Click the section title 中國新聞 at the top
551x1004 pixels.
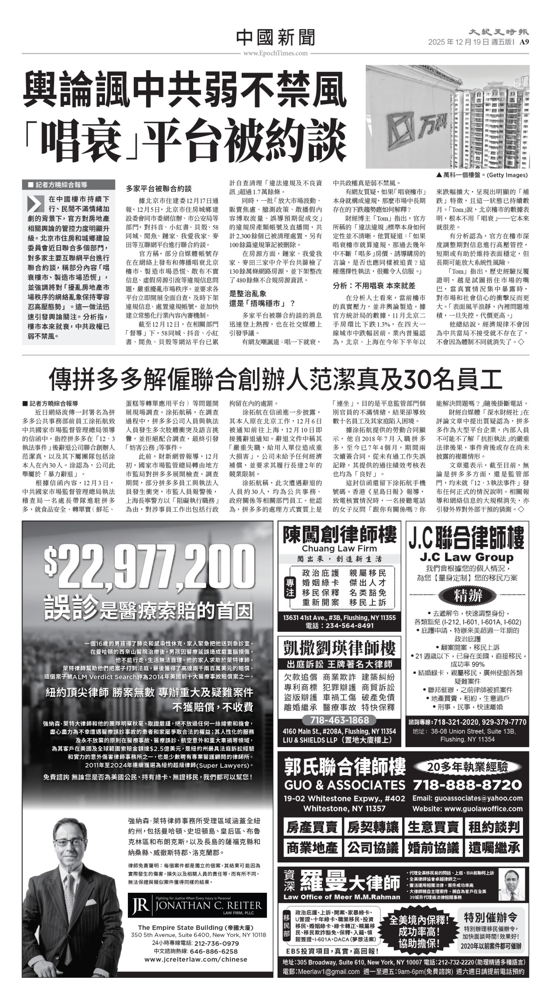(275, 37)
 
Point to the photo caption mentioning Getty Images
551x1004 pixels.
(482, 176)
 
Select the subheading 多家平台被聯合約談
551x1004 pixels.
(159, 189)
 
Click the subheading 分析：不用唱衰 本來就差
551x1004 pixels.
(374, 285)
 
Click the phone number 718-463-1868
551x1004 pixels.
(339, 720)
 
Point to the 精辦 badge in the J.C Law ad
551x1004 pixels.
(467, 595)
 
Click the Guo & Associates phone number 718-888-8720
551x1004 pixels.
(467, 784)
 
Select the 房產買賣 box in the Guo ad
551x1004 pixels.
(312, 828)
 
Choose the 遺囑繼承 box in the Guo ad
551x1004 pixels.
(494, 848)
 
